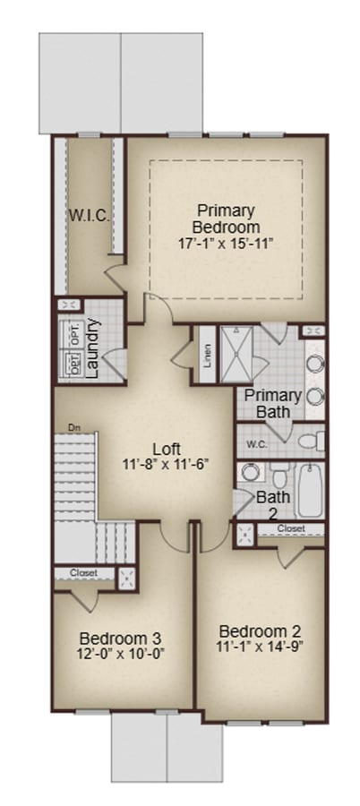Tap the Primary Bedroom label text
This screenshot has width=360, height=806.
point(226,219)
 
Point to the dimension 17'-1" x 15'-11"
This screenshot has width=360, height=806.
point(226,242)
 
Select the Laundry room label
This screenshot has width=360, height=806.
point(92,348)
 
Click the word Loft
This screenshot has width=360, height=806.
point(167,449)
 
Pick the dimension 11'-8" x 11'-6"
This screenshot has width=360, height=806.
point(167,464)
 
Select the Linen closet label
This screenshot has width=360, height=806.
point(208,356)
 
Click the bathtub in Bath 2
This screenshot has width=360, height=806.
point(309,490)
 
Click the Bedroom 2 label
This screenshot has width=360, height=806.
point(260,630)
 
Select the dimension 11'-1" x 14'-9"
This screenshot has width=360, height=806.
point(260,645)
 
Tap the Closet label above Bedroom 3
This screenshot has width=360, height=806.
point(83,573)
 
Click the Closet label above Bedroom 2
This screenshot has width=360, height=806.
point(290,528)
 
